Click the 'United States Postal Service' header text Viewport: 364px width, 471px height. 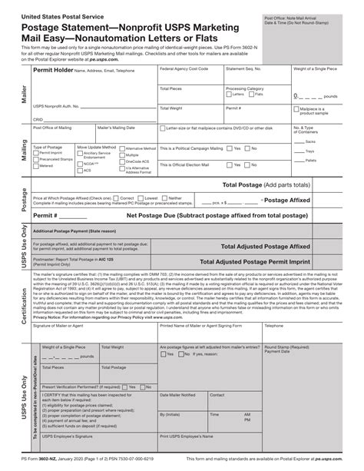click(x=55, y=15)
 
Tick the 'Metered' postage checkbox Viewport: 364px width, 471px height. click(x=36, y=165)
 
